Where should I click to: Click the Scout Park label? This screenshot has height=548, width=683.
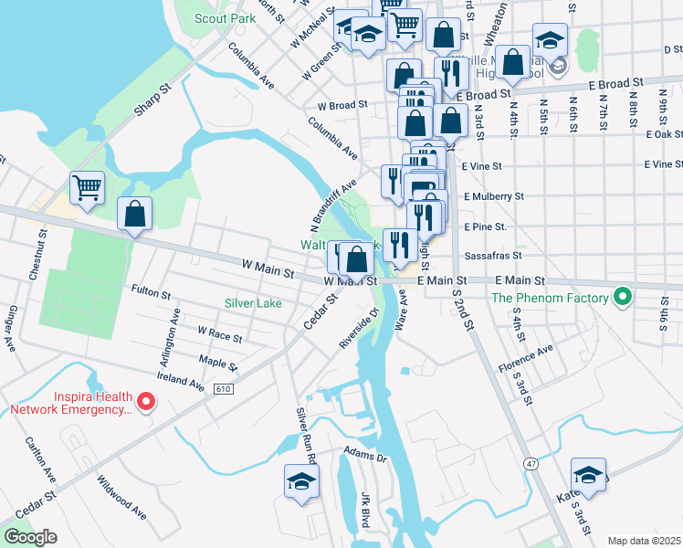tap(226, 17)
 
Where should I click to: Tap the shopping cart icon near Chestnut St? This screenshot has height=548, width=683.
tap(87, 188)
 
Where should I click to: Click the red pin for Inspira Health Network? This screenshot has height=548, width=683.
tap(146, 401)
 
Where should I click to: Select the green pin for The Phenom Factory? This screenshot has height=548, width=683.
tap(623, 297)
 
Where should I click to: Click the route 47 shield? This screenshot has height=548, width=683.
tap(530, 464)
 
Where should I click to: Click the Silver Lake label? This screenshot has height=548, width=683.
tap(254, 302)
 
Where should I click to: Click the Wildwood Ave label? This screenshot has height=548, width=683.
tap(121, 497)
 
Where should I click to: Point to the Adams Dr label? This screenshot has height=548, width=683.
tap(365, 452)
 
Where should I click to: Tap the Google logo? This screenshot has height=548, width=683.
tap(30, 537)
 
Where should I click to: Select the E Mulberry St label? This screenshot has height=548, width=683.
tap(493, 195)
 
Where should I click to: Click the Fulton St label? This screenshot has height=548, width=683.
tap(152, 294)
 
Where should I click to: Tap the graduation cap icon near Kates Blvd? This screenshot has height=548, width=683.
tap(589, 475)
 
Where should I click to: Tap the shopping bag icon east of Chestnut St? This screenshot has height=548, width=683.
tap(135, 215)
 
